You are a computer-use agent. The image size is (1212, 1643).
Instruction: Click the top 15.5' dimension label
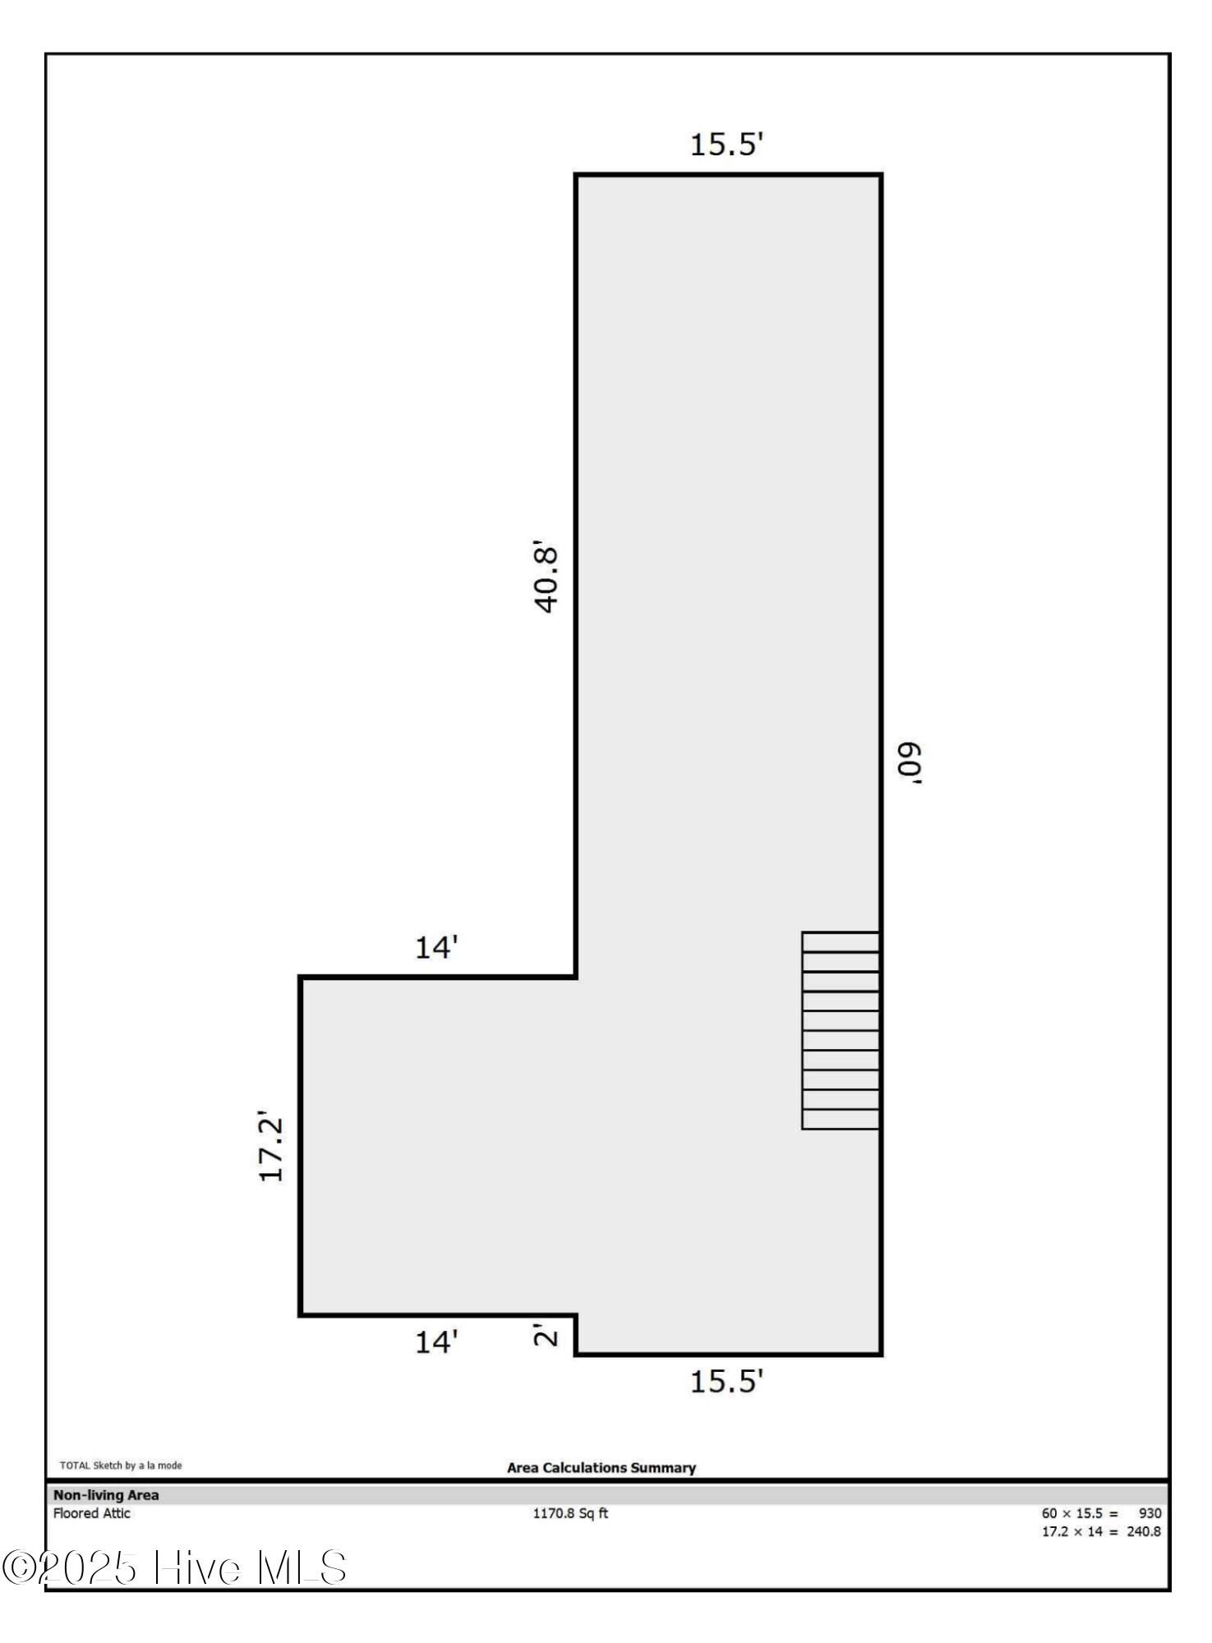point(726,145)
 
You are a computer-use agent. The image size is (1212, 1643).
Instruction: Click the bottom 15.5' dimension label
point(726,1382)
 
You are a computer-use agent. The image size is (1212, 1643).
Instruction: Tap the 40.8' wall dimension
point(546,577)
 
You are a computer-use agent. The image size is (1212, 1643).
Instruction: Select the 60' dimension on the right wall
point(910,763)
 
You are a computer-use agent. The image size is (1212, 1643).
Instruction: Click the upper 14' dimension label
point(435,948)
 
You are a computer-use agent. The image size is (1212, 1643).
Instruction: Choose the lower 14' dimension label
point(435,1342)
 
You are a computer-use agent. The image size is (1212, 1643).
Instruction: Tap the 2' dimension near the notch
point(545,1334)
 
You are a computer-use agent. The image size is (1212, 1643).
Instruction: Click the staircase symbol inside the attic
point(841,1030)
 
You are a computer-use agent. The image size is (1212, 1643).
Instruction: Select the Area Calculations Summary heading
point(601,1468)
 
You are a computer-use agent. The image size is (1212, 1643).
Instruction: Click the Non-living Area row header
point(106,1495)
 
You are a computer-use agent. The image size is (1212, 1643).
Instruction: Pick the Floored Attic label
point(92,1513)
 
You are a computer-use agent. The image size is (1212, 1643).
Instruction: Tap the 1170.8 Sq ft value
point(570,1513)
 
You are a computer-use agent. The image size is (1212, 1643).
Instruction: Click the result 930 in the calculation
point(1150,1513)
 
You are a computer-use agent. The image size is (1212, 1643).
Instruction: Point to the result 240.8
point(1143,1531)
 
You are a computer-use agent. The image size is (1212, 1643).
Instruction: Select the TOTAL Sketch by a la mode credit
point(121,1466)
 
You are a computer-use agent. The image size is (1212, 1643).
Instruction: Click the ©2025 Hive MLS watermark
point(174,1568)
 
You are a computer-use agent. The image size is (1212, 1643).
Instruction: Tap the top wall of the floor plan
point(728,175)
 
